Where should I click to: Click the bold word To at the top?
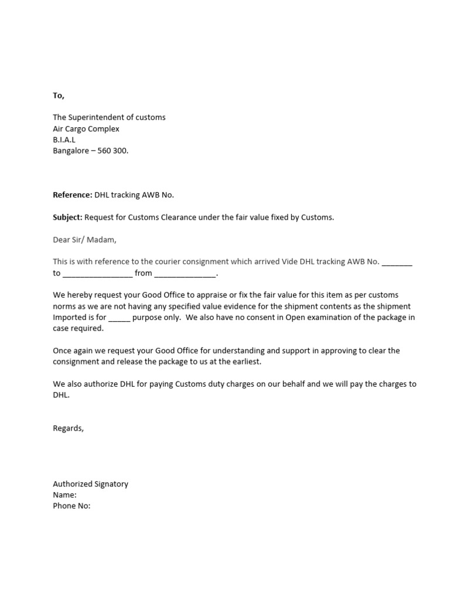pos(59,96)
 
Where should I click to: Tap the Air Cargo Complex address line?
pos(86,128)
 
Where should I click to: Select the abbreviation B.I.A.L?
pos(64,139)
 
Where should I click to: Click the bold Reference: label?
pos(73,195)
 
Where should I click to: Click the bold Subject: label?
pos(67,217)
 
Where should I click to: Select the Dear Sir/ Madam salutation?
pos(85,239)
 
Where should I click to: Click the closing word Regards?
pos(69,428)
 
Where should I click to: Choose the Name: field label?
pos(65,495)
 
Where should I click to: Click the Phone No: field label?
pos(71,506)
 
